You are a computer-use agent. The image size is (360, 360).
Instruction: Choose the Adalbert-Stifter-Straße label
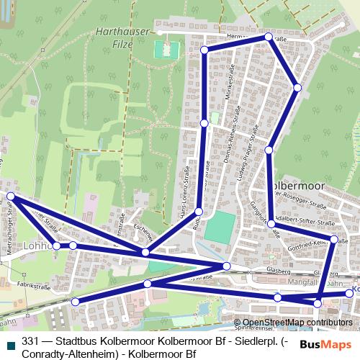point(303,214)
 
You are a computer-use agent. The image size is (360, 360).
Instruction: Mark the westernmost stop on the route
point(11,196)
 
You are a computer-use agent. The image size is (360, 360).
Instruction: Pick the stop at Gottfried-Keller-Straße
point(334,239)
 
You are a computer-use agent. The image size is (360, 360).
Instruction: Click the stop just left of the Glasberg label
point(227,267)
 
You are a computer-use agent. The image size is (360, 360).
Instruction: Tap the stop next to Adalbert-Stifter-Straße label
point(271,224)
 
